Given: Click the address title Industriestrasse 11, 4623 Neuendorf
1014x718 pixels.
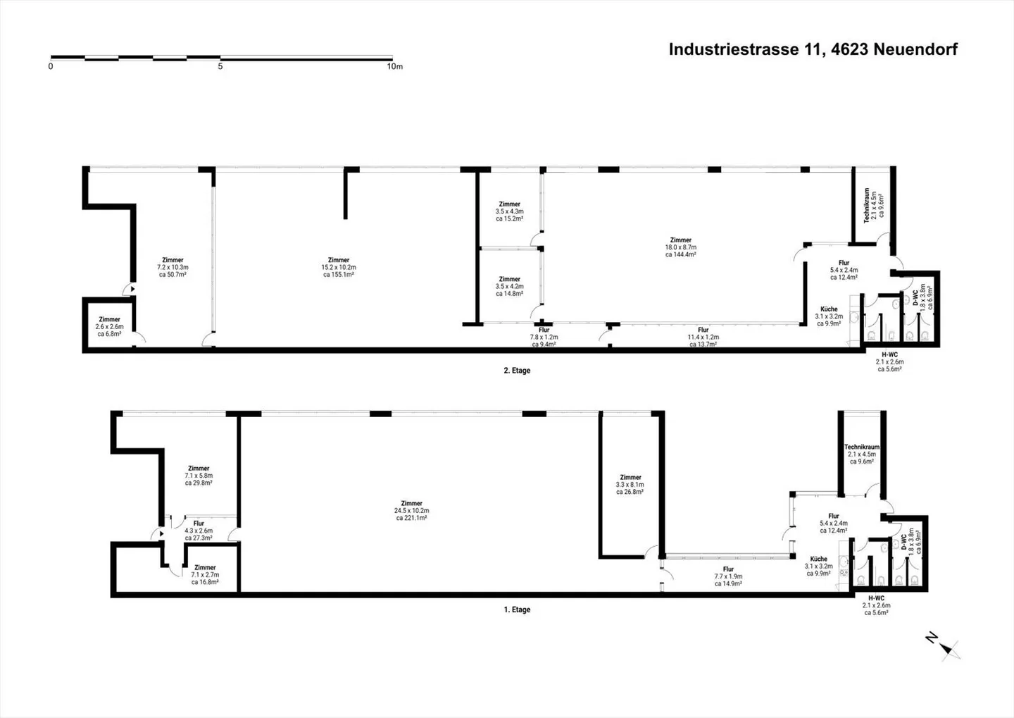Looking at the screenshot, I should [813, 49].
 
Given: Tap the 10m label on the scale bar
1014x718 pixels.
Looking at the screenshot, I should [394, 67].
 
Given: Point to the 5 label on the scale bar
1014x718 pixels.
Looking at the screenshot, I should [220, 67].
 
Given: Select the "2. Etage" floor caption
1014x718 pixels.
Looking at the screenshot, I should [517, 371].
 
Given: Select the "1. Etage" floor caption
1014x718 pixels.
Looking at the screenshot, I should [517, 610].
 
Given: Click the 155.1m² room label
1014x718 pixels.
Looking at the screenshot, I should [339, 268].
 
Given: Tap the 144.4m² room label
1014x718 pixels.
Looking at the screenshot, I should [681, 247].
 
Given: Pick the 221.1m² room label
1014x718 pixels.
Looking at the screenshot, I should [411, 511].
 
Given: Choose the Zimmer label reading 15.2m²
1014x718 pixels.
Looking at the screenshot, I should [509, 211].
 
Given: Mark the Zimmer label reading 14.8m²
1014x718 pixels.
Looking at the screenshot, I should [509, 286].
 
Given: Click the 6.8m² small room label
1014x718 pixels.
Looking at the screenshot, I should [109, 326].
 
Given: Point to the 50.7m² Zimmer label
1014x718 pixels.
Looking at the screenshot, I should [173, 268].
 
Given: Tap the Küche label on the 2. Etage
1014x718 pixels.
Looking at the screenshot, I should [829, 316].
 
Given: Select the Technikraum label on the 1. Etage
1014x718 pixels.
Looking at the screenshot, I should [862, 454].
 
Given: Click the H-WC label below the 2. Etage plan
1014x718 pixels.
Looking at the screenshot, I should [889, 361].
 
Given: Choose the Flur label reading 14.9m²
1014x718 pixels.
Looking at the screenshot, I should [728, 576].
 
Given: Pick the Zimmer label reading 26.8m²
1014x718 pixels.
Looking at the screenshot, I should [630, 485].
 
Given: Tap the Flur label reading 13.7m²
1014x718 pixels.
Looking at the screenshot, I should [703, 337].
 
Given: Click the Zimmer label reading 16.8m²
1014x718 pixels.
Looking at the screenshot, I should [205, 575].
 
